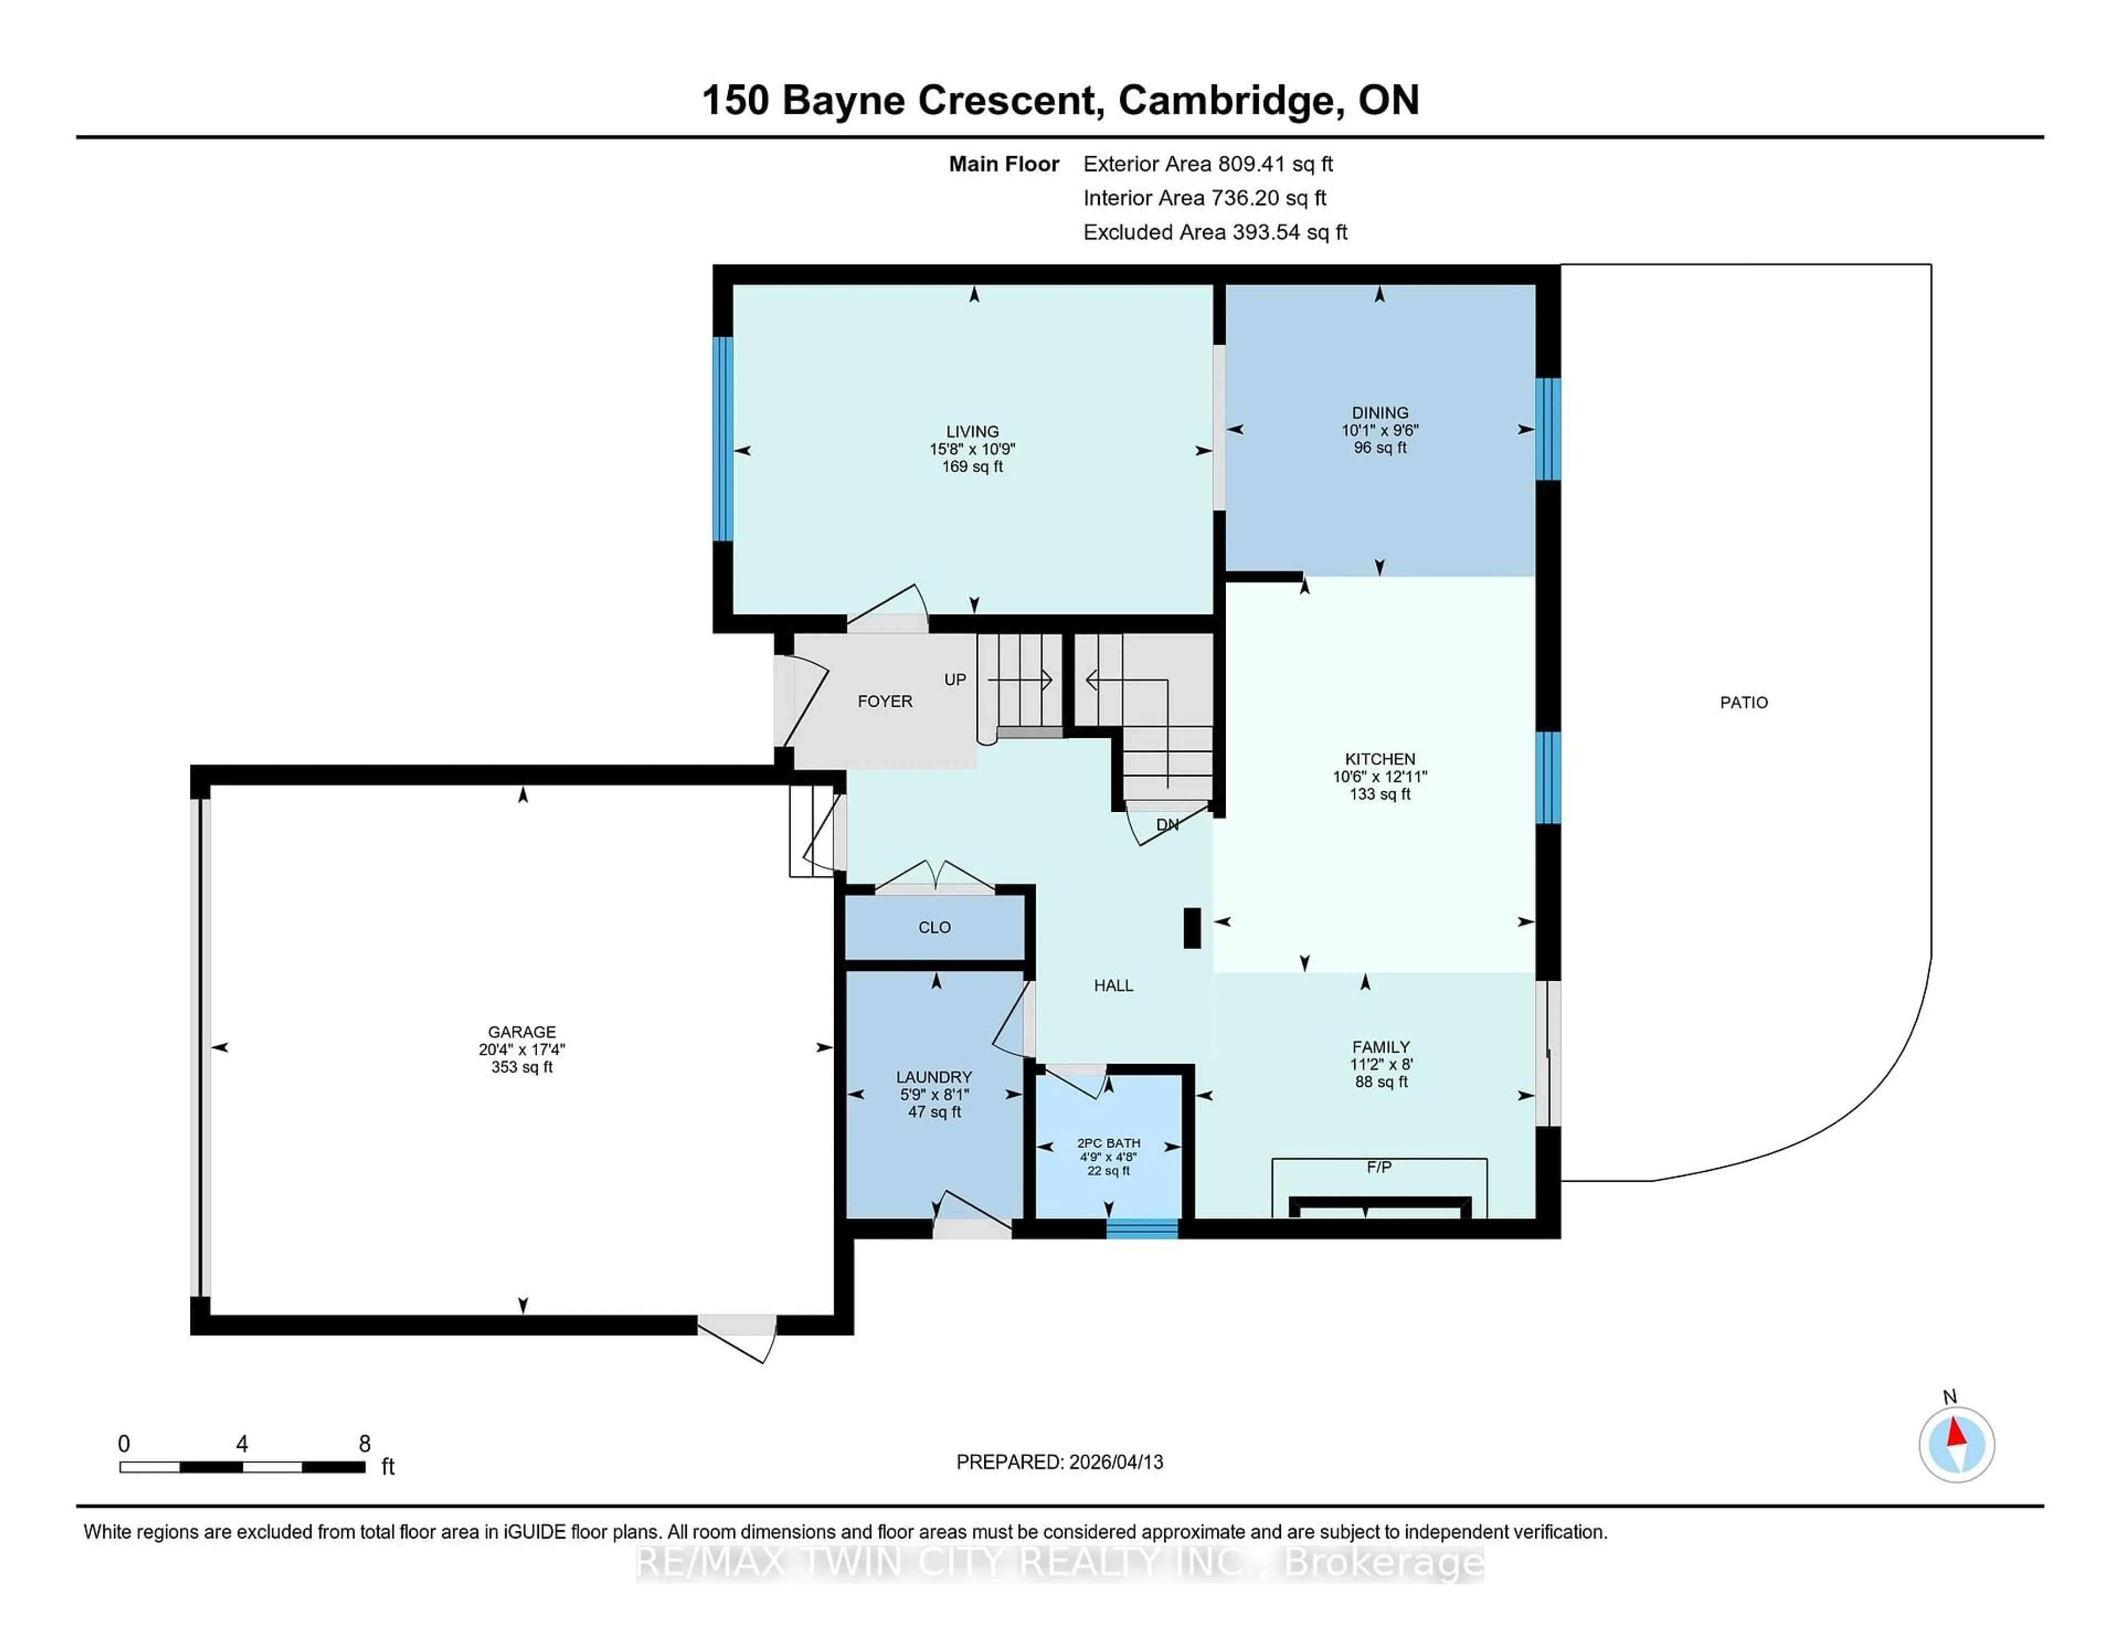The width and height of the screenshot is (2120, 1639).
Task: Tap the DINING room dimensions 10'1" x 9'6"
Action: [1379, 430]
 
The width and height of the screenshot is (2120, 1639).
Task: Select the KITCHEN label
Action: [1379, 758]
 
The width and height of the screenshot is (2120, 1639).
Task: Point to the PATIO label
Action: [1743, 702]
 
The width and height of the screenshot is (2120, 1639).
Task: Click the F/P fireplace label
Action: [1379, 1167]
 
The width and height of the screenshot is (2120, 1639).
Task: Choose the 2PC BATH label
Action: [1109, 1143]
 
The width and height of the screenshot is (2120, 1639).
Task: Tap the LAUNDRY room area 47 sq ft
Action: [934, 1112]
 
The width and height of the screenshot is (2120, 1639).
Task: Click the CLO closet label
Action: [934, 927]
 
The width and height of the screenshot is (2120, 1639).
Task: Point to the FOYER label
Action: [884, 701]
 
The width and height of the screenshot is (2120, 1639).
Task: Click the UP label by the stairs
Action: [955, 680]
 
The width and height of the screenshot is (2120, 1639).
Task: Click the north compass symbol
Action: [1956, 1445]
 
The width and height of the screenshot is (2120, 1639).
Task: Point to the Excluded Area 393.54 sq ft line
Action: [1215, 232]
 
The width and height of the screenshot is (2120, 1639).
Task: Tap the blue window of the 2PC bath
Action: [1142, 1228]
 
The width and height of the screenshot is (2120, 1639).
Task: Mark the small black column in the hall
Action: [1192, 927]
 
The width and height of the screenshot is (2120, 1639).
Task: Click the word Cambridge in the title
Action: [1231, 100]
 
